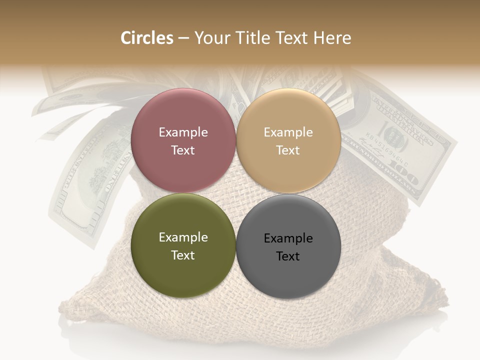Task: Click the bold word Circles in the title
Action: coord(147,38)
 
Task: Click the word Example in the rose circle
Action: coord(183,132)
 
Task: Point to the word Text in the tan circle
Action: coord(288,150)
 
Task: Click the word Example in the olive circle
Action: coord(183,237)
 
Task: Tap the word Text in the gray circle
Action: coord(288,256)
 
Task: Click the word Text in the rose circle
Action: coord(183,150)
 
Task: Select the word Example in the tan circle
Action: coord(288,132)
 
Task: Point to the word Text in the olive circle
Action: coord(183,255)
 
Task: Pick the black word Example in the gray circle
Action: coord(288,238)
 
